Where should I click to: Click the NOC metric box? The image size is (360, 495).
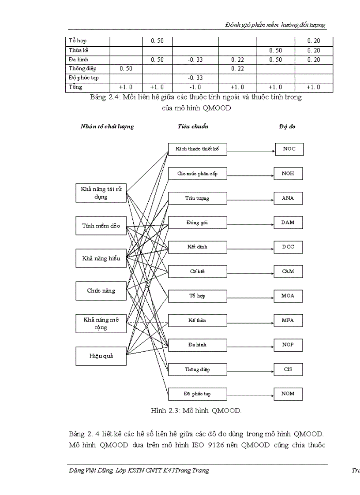(x=289, y=149)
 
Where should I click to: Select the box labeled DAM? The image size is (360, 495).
(x=288, y=223)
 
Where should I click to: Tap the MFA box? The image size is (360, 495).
(x=288, y=320)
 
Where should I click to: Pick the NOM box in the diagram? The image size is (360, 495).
(x=288, y=394)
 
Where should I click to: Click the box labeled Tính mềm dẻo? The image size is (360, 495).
(x=101, y=226)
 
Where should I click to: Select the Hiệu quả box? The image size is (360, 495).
(x=101, y=356)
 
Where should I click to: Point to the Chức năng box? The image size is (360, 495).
(x=101, y=291)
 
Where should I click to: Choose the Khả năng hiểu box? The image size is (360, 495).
(x=101, y=259)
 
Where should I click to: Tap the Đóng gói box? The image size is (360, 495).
(x=197, y=223)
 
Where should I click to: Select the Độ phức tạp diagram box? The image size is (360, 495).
(x=197, y=394)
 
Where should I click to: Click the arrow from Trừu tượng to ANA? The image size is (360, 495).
(x=251, y=198)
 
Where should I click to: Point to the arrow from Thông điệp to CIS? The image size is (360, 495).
(x=251, y=369)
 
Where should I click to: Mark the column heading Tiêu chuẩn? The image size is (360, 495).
(x=193, y=127)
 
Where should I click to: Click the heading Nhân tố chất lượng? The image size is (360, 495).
(x=107, y=127)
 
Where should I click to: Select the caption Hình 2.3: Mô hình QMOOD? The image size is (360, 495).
(x=196, y=411)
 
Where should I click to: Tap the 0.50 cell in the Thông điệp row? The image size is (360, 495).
(x=126, y=69)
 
